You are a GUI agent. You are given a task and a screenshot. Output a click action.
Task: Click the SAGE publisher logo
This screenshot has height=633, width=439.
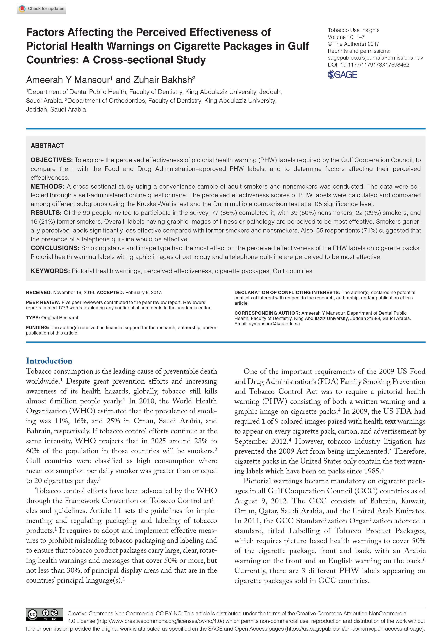342,74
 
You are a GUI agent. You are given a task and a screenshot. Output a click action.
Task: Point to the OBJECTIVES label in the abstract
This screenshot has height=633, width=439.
51,160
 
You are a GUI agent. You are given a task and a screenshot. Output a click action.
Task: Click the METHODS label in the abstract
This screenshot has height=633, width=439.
47,186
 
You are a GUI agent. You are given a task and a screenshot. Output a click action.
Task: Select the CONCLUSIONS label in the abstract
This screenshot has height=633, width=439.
55,248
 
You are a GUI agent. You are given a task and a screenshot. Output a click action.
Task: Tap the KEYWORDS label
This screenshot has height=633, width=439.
50,271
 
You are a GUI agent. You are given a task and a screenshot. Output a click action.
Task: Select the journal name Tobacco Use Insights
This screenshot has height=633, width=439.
354,30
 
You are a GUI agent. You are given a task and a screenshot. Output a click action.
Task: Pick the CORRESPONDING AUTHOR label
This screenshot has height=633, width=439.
267,313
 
